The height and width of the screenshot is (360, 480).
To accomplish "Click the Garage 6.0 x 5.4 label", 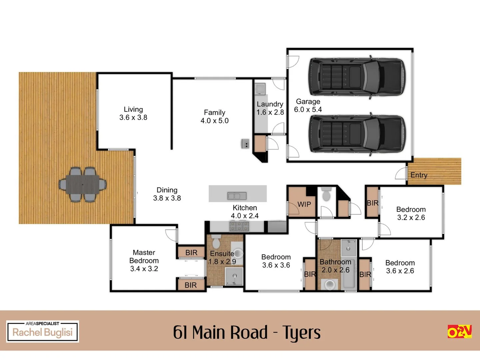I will point(308,105).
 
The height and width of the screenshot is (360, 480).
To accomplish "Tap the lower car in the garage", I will point(357,134).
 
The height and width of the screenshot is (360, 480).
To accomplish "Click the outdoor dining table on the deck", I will point(83,184).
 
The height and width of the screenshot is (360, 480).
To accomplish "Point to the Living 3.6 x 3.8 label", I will point(133,113).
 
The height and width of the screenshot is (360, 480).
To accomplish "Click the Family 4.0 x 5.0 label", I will point(214,117).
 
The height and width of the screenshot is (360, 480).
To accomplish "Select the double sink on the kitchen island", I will point(237,196).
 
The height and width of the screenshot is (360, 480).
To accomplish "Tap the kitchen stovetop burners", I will point(239,227).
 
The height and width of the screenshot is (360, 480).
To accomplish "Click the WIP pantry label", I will point(304,204).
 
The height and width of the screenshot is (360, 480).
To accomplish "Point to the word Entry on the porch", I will point(419,175).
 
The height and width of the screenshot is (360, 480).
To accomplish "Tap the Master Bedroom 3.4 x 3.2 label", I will point(144,261).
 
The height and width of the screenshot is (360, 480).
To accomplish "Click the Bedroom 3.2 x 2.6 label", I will point(411,213).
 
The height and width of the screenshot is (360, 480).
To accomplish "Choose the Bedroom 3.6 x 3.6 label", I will point(276,261).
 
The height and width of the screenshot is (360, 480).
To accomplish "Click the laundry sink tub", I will point(260,89).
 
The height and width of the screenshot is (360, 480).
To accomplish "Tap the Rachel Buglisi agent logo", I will point(43,331).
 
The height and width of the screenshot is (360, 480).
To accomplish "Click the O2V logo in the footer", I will point(459,331).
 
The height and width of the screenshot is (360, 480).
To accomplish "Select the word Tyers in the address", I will point(301,333).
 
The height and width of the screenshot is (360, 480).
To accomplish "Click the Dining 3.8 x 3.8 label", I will point(167,194).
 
